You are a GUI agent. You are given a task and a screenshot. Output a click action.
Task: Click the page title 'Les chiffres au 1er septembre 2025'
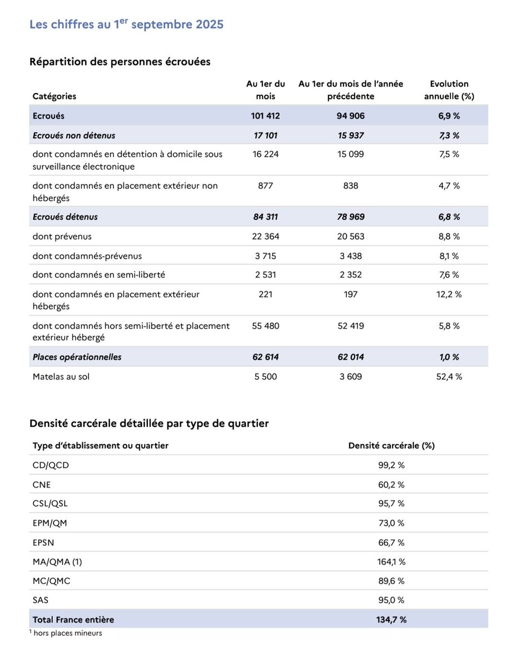tap(126, 24)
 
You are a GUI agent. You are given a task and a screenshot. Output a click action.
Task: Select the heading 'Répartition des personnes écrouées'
tap(120, 62)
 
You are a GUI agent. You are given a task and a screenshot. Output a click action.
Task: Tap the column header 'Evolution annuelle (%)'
tap(449, 90)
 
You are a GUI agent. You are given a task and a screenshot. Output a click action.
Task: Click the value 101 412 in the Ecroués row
tap(265, 116)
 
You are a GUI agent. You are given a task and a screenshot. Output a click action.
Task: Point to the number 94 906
tap(350, 116)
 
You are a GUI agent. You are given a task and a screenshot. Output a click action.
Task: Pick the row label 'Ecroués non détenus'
tap(74, 136)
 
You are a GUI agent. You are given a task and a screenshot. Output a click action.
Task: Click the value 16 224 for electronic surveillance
tap(265, 154)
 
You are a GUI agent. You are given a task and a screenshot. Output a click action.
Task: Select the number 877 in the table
tap(265, 186)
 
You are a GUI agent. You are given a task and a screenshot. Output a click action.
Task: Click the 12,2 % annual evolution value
tap(449, 294)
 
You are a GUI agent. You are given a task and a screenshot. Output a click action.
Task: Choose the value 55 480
tap(265, 326)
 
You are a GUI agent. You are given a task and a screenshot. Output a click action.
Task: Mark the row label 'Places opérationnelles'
tap(77, 357)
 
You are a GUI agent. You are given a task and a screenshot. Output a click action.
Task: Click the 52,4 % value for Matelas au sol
tap(449, 376)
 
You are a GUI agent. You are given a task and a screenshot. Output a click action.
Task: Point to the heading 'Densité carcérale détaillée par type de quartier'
tap(149, 424)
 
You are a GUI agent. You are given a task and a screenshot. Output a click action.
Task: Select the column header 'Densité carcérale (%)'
tap(391, 445)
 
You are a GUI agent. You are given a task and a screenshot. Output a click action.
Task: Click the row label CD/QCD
tap(51, 465)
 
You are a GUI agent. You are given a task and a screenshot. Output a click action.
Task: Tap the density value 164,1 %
tap(391, 562)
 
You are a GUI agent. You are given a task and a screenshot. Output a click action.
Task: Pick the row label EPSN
tap(44, 542)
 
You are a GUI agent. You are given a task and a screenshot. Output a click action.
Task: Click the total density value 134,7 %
tap(391, 619)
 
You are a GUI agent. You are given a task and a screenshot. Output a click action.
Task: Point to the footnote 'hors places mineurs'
tap(67, 633)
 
